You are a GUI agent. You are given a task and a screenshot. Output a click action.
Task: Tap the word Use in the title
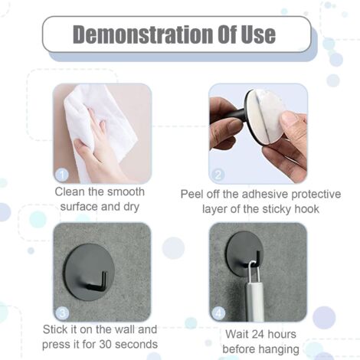(x=258, y=34)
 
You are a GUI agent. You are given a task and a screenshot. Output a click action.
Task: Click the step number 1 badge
(x=62, y=175)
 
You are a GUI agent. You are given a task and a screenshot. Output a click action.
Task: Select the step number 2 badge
(x=218, y=175)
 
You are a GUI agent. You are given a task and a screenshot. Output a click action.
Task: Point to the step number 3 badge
(x=62, y=313)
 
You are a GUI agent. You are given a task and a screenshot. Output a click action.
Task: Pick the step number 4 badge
(x=218, y=313)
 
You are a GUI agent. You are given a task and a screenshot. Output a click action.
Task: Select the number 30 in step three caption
(x=106, y=345)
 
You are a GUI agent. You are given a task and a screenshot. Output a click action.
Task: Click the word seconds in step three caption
(x=136, y=345)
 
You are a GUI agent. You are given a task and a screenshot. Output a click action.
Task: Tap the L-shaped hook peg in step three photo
(x=98, y=282)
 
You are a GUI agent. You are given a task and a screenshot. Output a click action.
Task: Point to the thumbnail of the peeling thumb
(x=290, y=118)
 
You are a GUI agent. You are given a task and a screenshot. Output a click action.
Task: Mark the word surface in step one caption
(x=77, y=207)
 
